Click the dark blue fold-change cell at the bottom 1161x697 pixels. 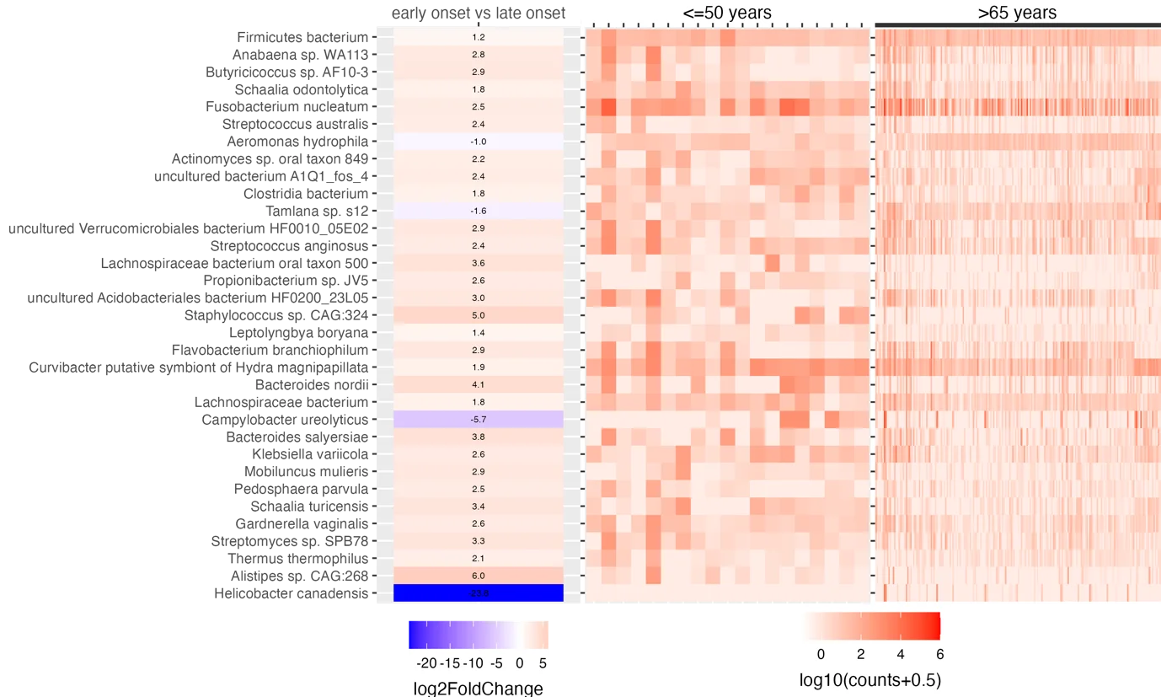(478, 593)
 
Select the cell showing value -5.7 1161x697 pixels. (478, 419)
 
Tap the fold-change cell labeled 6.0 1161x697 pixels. (478, 576)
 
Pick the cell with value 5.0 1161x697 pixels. (478, 315)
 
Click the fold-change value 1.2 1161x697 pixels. (478, 37)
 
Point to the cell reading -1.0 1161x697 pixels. (478, 142)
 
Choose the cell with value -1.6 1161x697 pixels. (478, 211)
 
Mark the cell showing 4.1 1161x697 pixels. (478, 384)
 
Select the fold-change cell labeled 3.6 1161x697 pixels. (478, 263)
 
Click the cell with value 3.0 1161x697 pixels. (478, 298)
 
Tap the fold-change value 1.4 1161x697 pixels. (478, 333)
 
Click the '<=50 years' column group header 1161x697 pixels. (726, 12)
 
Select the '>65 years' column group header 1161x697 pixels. (1017, 12)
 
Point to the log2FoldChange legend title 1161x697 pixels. (478, 688)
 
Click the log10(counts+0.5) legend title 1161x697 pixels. (869, 679)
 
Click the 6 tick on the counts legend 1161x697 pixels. (939, 654)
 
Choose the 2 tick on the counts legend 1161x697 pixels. (860, 654)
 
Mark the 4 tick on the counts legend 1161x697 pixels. (900, 654)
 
